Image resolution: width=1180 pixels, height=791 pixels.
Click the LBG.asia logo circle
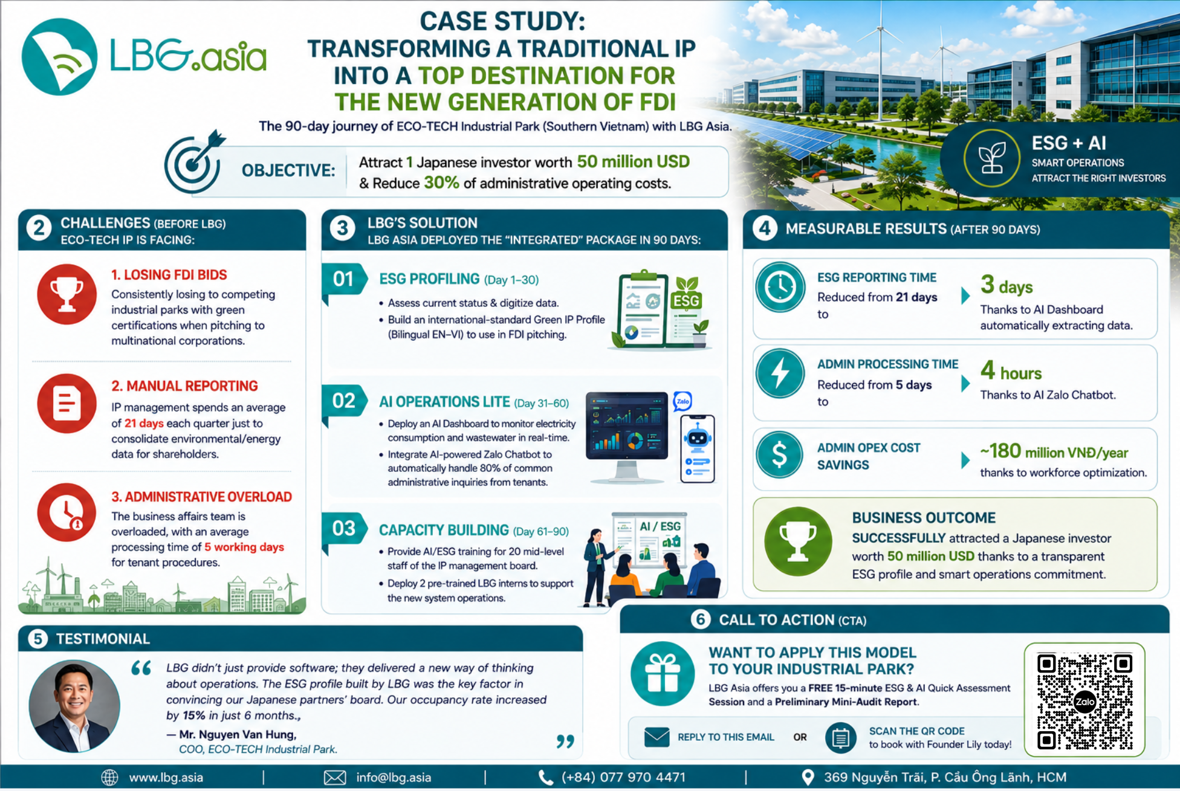[59, 57]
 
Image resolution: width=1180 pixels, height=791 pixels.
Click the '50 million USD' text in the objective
[633, 162]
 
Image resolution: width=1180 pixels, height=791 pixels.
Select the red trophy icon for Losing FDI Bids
[66, 294]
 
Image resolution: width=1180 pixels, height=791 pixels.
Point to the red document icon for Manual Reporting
[66, 403]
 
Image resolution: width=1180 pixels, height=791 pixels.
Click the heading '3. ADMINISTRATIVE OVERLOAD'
[201, 497]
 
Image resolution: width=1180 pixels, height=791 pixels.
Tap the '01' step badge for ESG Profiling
[344, 279]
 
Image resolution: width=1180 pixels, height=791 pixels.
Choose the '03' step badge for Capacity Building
[344, 528]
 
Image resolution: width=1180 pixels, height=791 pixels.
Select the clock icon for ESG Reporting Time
[780, 287]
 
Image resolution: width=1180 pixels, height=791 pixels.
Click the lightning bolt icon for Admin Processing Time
[780, 373]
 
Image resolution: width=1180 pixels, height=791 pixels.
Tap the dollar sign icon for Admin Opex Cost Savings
[780, 454]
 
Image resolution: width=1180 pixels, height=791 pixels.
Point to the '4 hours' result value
[1011, 370]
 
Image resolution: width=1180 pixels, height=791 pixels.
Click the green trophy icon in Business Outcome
[798, 541]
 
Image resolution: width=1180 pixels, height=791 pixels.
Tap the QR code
[1084, 701]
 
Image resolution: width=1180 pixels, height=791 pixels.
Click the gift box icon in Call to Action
[663, 674]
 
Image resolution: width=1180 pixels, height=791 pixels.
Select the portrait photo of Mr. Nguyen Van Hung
[74, 706]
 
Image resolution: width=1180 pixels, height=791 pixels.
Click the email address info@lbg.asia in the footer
[394, 778]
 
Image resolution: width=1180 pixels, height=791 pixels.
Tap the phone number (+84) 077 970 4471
[623, 778]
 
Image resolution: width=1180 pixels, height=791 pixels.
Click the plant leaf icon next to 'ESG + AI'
[992, 158]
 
